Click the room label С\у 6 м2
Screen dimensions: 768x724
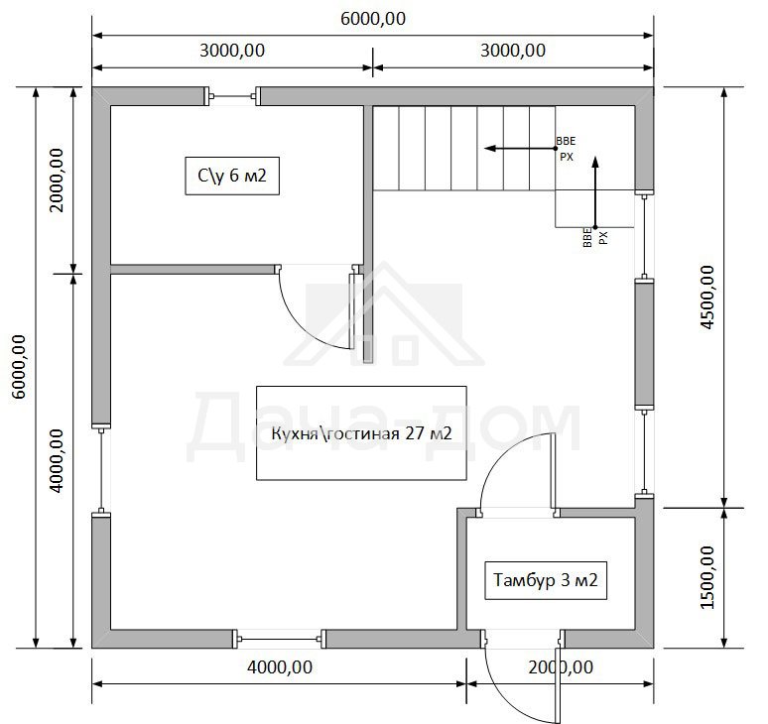point(232,176)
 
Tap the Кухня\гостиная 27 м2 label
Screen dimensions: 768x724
point(361,433)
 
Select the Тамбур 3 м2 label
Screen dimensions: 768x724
point(546,580)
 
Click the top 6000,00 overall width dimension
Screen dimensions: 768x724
point(373,19)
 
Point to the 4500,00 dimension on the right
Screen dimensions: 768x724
point(707,298)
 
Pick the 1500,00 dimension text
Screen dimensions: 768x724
point(707,577)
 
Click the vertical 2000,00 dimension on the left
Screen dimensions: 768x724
point(57,180)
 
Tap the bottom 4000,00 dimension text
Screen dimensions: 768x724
point(280,666)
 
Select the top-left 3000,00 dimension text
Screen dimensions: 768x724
point(232,50)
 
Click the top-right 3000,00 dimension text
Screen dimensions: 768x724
point(513,50)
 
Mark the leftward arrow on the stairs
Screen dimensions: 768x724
point(520,149)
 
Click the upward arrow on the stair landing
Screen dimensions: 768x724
point(595,192)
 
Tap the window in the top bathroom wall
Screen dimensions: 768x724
point(232,96)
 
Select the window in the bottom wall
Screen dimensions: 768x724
point(280,639)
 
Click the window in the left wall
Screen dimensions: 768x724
point(101,470)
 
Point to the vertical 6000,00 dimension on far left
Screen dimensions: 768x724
point(19,367)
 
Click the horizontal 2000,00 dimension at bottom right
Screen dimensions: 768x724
point(561,666)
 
